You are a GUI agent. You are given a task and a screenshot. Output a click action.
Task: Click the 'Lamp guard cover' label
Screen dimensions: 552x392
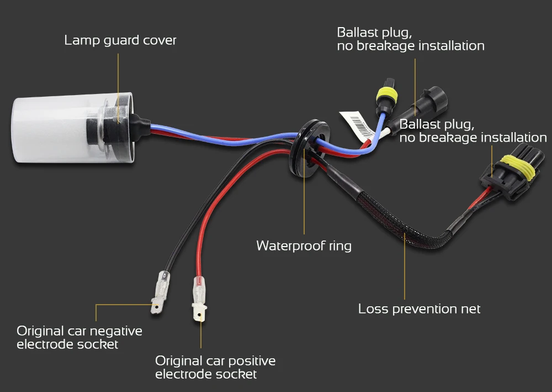click(120, 40)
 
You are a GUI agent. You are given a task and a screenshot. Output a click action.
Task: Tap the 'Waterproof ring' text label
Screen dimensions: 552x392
click(304, 245)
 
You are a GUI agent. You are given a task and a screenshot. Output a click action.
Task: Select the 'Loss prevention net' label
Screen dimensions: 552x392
click(419, 309)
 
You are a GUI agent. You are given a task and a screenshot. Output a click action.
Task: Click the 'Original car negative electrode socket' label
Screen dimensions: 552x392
click(79, 337)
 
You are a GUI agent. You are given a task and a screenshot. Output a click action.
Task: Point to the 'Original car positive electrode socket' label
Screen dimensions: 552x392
click(215, 367)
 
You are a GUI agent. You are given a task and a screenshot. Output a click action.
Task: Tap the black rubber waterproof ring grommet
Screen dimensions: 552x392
click(308, 148)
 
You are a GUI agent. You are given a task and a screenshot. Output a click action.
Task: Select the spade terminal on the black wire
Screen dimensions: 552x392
click(160, 292)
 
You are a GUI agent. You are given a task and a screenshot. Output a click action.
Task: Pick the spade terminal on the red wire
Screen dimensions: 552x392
click(199, 299)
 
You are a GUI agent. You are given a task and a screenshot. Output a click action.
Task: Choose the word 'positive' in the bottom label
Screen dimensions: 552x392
click(252, 361)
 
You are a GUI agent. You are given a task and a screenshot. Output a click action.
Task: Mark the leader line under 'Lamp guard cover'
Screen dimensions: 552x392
click(118, 88)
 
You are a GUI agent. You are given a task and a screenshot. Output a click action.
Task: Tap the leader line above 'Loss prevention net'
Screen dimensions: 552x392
click(405, 266)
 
